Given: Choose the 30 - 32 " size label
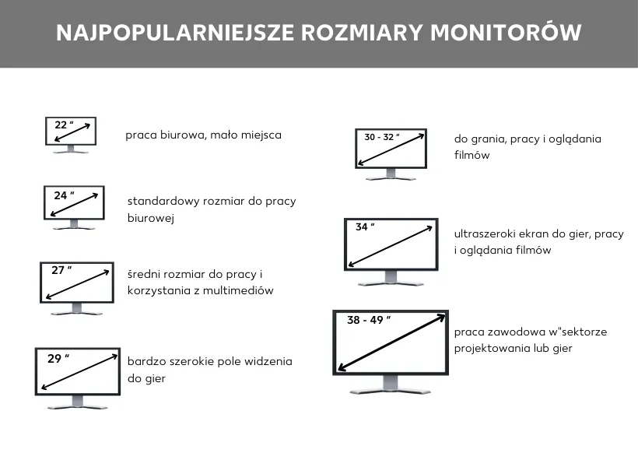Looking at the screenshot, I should (x=381, y=137).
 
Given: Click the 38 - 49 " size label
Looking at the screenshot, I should (x=369, y=320).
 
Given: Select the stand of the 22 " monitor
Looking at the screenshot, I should (x=71, y=149).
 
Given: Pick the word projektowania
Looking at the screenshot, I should (x=487, y=348).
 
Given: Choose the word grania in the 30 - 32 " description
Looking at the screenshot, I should (x=487, y=139).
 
